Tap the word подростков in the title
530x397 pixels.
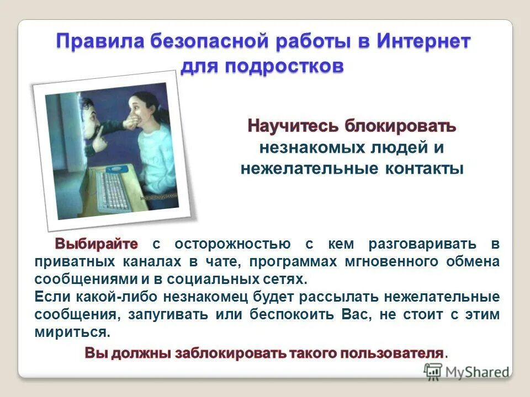pyautogui.click(x=285, y=67)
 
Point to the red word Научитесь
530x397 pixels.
pyautogui.click(x=293, y=126)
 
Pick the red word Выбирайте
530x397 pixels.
pyautogui.click(x=96, y=243)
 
